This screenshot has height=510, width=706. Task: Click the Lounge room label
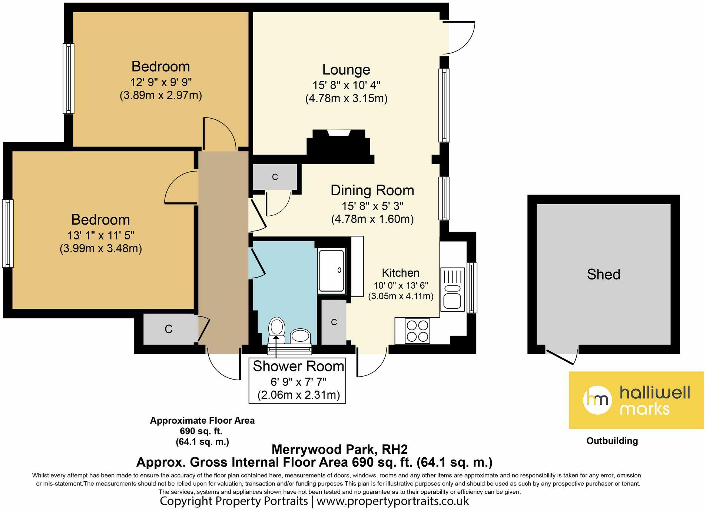pyautogui.click(x=346, y=70)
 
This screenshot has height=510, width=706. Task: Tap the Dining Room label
pyautogui.click(x=372, y=190)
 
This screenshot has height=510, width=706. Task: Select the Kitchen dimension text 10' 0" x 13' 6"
pyautogui.click(x=401, y=285)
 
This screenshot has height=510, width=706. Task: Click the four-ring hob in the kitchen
pyautogui.click(x=418, y=331)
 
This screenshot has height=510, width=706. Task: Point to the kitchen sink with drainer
pyautogui.click(x=452, y=289)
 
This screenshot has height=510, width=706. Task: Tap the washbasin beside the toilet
pyautogui.click(x=300, y=336)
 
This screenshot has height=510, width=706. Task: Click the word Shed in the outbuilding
pyautogui.click(x=603, y=274)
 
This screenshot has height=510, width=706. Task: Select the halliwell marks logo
pyautogui.click(x=636, y=400)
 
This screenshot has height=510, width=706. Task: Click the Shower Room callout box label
pyautogui.click(x=298, y=366)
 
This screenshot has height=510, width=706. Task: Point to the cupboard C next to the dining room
pyautogui.click(x=275, y=177)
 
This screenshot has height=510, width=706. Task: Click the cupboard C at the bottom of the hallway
pyautogui.click(x=168, y=329)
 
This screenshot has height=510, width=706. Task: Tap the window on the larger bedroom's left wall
pyautogui.click(x=8, y=234)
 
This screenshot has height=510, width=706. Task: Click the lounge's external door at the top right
pyautogui.click(x=460, y=37)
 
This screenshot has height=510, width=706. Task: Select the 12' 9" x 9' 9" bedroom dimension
pyautogui.click(x=160, y=82)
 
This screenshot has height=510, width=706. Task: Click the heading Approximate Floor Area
pyautogui.click(x=202, y=420)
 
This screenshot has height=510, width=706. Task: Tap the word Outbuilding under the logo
pyautogui.click(x=612, y=441)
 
